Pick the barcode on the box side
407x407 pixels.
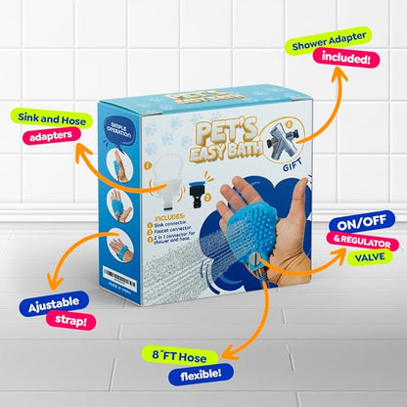pos(124,285)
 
